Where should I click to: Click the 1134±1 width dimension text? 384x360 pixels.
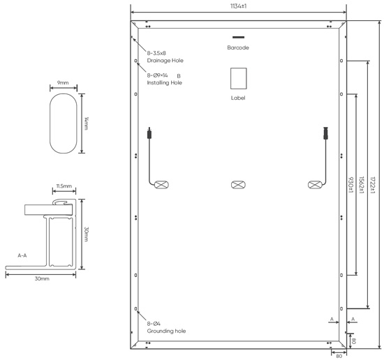pos(238,6)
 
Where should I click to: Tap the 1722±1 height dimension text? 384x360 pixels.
pos(373,186)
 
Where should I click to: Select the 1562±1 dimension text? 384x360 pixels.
pos(361,185)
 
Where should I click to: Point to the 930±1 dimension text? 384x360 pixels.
pos(350,185)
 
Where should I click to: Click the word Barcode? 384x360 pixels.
pos(238,47)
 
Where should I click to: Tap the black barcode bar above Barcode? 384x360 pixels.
pos(238,37)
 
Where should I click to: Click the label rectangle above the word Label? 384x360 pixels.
pos(239,79)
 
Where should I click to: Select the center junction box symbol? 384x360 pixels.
pos(238,185)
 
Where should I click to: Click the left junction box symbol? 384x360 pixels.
pos(161,185)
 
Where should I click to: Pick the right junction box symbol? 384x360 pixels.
pos(315,185)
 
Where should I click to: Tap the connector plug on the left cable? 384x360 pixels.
pos(149,133)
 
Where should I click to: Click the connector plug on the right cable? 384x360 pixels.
pos(325,133)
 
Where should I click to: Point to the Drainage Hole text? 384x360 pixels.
pos(165,61)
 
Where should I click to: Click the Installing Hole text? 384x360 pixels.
pos(164,83)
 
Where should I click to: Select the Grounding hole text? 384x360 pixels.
pos(166,331)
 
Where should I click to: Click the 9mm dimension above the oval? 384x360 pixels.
pos(63,83)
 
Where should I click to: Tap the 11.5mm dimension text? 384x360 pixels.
pos(64,186)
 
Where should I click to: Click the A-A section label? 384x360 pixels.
pos(22,255)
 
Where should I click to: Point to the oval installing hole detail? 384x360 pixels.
pos(50,123)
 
